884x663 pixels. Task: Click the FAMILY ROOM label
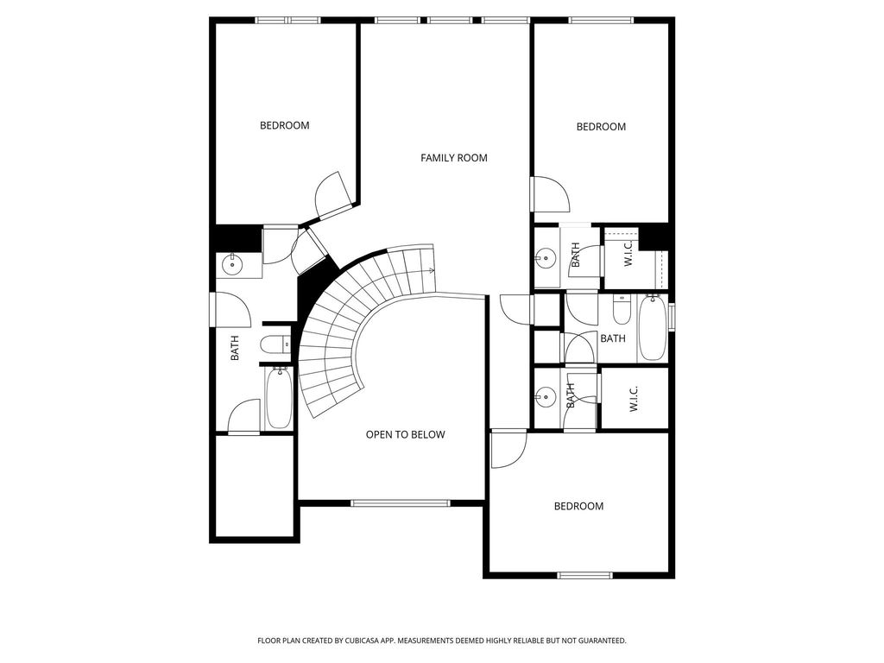(454, 158)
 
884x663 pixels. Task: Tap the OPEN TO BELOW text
(406, 435)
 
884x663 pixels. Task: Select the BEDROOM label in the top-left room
(285, 125)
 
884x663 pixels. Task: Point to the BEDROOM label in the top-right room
(601, 127)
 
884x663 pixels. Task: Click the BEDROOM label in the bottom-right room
(578, 506)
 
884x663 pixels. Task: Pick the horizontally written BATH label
(613, 338)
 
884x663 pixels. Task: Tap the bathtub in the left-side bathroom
(279, 397)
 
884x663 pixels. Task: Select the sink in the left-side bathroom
(231, 263)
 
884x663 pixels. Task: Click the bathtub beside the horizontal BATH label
(653, 327)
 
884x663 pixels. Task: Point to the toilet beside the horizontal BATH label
(622, 310)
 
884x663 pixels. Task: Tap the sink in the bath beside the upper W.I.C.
(545, 259)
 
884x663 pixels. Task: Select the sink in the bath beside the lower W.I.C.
(545, 397)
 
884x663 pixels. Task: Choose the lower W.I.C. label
(634, 399)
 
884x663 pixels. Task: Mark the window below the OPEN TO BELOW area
(401, 503)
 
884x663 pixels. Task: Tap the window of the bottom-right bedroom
(584, 575)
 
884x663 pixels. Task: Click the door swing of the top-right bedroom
(551, 194)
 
